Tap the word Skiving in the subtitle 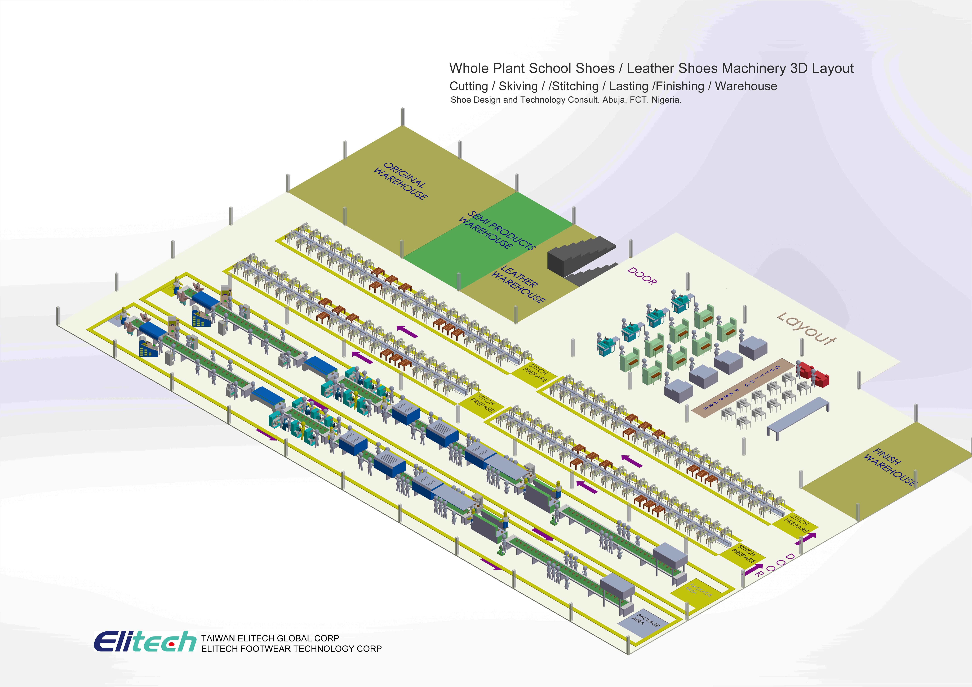tap(518, 86)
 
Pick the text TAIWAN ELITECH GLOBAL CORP tap(270, 638)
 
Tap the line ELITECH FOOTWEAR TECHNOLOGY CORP tap(291, 649)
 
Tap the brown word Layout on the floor tap(806, 329)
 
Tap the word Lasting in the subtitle tap(629, 86)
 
